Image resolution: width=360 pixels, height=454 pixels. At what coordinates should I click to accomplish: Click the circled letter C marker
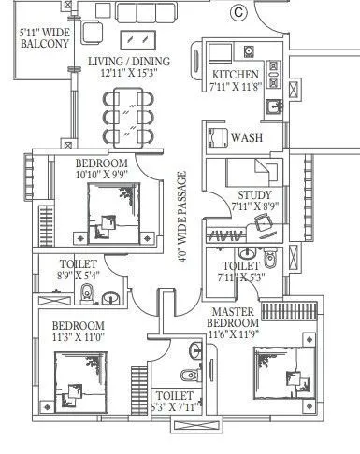238,12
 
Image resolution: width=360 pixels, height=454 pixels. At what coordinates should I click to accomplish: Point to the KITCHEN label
234,75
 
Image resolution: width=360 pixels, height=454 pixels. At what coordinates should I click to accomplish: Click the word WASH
246,137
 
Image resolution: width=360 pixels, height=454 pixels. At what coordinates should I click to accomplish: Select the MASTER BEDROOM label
238,318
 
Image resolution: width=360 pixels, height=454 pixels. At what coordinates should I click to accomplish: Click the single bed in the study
250,173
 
